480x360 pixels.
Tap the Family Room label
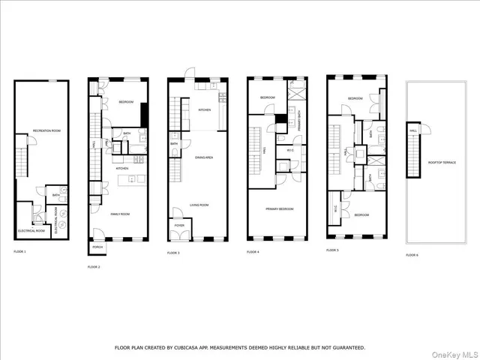[121, 214]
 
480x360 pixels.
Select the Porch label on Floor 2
[97, 247]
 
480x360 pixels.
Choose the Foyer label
[180, 224]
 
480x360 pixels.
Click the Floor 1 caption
[19, 251]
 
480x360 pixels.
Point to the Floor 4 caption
[253, 252]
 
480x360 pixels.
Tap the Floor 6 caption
[412, 255]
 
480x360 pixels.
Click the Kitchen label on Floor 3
[204, 109]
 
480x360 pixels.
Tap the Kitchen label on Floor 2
[121, 168]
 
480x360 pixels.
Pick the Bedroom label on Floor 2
[126, 103]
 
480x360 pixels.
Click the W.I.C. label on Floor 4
[289, 149]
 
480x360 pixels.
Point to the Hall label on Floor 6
[413, 130]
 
